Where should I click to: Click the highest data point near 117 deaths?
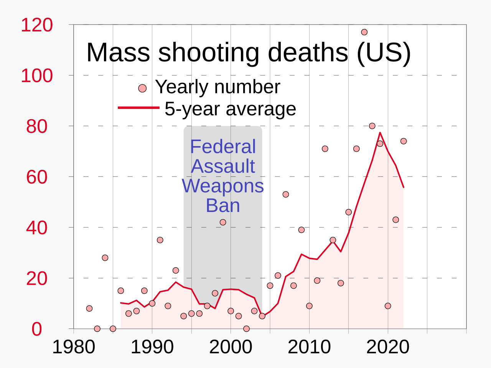(364, 32)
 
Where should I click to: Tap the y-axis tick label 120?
(37, 25)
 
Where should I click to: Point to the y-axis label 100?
(37, 76)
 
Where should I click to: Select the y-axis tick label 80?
(37, 127)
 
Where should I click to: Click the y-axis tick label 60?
(37, 177)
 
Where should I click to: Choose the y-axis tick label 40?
(37, 228)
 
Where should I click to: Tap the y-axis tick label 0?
(37, 329)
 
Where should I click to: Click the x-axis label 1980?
(74, 347)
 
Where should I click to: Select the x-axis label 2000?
(231, 347)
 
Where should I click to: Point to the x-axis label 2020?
(388, 347)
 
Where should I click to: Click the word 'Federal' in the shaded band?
(223, 147)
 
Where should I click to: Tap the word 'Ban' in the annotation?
(223, 205)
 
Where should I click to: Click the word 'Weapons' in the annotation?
(223, 186)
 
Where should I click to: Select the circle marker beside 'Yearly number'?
(142, 89)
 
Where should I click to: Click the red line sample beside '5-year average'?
(138, 108)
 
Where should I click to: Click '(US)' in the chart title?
(384, 52)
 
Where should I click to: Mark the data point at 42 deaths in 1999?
(223, 222)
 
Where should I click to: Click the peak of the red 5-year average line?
(380, 133)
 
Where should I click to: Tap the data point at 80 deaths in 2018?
(372, 126)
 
